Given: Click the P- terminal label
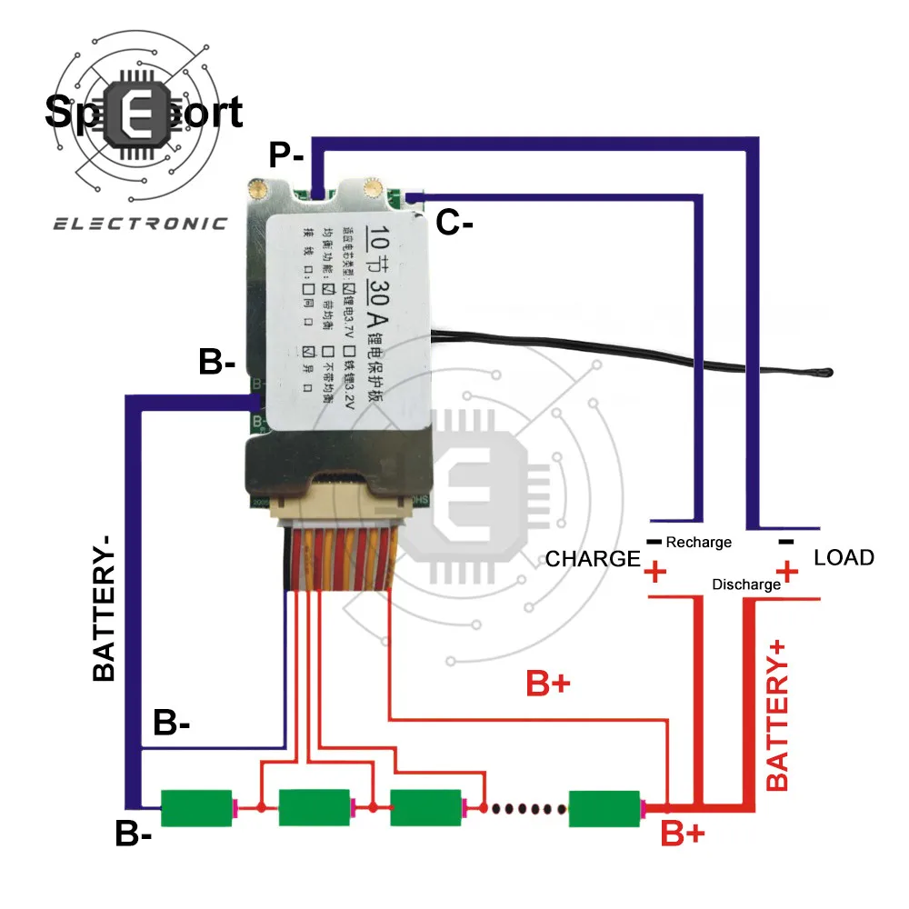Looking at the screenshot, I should (286, 155).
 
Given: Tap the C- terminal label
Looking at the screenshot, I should (454, 222).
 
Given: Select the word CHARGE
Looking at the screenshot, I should (593, 559).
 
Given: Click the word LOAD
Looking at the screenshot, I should (844, 557).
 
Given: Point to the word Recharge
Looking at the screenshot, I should (698, 543).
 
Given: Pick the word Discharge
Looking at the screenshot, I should (746, 584).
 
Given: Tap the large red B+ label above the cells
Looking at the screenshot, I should (549, 684).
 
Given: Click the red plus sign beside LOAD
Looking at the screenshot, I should (787, 572).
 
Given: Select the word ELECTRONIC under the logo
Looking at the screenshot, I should (139, 223).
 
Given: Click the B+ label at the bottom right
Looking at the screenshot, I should (681, 833).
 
